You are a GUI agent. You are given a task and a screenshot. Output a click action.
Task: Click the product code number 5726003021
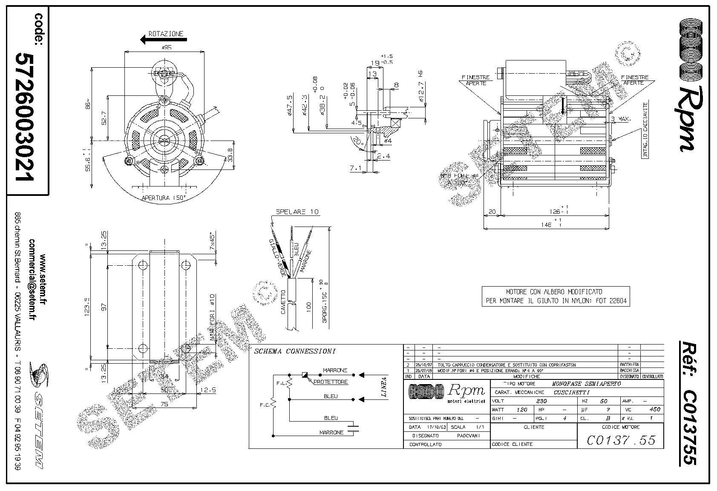pyautogui.click(x=24, y=117)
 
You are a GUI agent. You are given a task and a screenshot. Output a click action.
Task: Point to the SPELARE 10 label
pyautogui.click(x=297, y=212)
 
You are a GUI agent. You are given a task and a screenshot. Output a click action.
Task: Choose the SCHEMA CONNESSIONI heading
pyautogui.click(x=294, y=351)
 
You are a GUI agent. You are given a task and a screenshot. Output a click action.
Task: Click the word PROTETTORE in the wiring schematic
pyautogui.click(x=331, y=382)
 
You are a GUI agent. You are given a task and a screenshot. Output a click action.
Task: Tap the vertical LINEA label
pyautogui.click(x=384, y=387)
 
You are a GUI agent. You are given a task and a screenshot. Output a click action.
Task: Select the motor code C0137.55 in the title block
pyautogui.click(x=621, y=440)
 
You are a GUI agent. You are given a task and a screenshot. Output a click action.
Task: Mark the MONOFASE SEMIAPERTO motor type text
pyautogui.click(x=586, y=384)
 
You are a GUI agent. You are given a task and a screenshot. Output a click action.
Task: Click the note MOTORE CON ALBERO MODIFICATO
pyautogui.click(x=554, y=292)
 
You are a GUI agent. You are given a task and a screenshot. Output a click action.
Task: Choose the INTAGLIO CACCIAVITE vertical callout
pyautogui.click(x=645, y=130)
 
